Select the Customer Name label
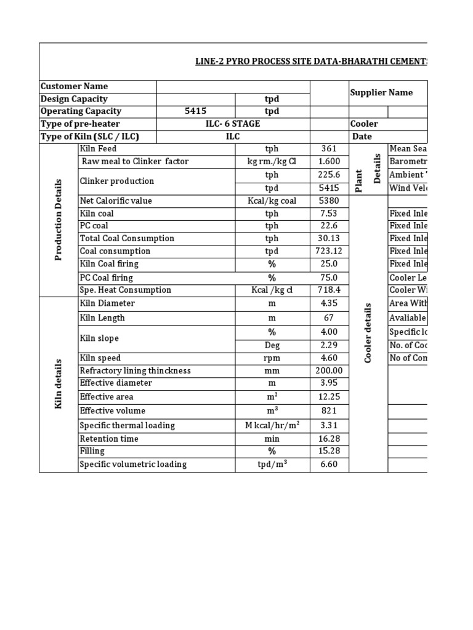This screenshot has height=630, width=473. [x=74, y=87]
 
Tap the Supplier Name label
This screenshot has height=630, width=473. [x=381, y=93]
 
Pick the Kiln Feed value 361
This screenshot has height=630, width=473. [x=329, y=150]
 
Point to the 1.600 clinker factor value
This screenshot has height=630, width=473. [x=329, y=162]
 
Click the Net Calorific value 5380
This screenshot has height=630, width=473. [x=329, y=201]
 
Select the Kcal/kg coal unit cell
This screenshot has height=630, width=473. [x=272, y=201]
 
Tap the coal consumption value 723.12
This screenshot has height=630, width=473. [x=329, y=251]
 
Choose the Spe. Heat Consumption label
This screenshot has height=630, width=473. [x=126, y=290]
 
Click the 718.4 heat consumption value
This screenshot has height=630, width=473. [x=329, y=290]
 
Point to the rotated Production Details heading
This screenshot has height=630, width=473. [x=59, y=220]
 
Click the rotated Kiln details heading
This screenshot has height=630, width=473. [x=59, y=384]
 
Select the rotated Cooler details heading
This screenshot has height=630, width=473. [x=368, y=333]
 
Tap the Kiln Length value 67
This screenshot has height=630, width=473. [x=329, y=318]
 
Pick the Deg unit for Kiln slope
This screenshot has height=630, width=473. [x=272, y=346]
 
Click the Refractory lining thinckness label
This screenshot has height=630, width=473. [x=135, y=371]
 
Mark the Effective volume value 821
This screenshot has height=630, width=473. [x=329, y=411]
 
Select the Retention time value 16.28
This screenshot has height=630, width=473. [x=329, y=439]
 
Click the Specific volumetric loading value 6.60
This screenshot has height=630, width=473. [x=329, y=465]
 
